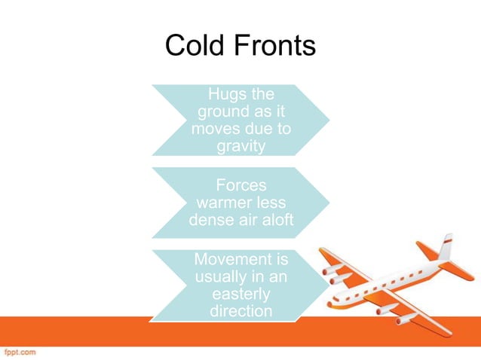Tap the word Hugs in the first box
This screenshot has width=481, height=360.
[223, 96]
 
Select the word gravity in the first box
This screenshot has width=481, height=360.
[241, 145]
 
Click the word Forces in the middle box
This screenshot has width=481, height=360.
[241, 185]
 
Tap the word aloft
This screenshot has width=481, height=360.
[273, 220]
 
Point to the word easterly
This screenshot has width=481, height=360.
[241, 294]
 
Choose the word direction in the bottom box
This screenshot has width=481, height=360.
[241, 310]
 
